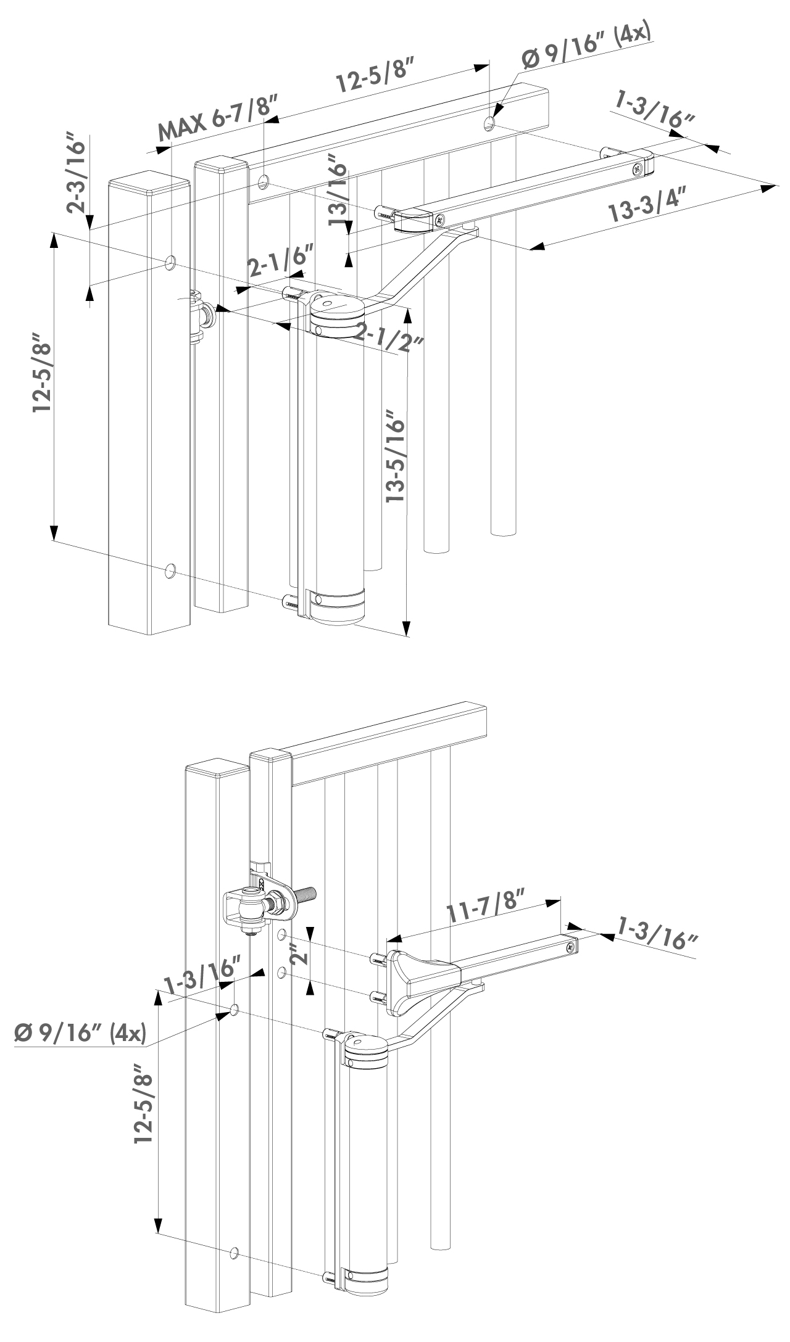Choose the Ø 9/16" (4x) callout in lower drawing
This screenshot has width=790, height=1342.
[x=79, y=1032]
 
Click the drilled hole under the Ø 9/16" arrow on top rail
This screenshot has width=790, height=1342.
[x=489, y=124]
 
